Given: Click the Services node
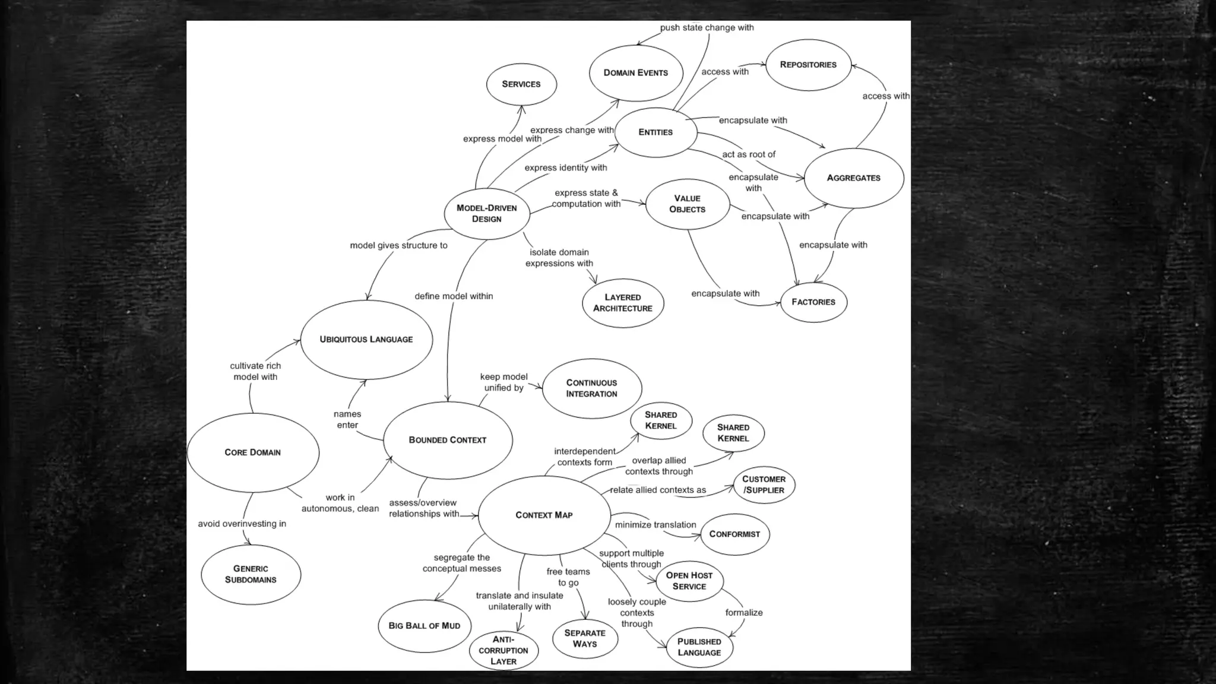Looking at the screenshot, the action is point(521,84).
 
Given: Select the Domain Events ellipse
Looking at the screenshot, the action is point(636,73).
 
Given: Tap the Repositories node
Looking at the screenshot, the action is point(808,65).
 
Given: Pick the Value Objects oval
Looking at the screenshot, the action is point(688,204).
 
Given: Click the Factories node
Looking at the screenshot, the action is point(813,302).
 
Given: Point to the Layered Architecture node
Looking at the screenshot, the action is point(623,303).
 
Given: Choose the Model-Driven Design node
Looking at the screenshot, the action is point(487,214).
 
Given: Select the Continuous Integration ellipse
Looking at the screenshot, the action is point(592,388).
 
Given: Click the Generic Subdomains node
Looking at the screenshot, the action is point(251,574).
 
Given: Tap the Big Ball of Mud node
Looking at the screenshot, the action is point(425,626).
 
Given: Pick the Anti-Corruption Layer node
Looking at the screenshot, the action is point(503,650).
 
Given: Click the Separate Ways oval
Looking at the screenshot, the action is point(585,638).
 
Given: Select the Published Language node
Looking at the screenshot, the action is point(699,647).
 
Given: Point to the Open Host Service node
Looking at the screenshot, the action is point(689,581).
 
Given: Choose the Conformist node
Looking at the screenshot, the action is point(734,534).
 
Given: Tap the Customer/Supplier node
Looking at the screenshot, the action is point(764,484).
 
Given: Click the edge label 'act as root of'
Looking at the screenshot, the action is point(749,154).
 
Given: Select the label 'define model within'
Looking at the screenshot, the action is point(454,296).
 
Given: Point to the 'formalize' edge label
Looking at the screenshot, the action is point(744,613).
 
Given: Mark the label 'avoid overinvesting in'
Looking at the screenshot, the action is point(242,524).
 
